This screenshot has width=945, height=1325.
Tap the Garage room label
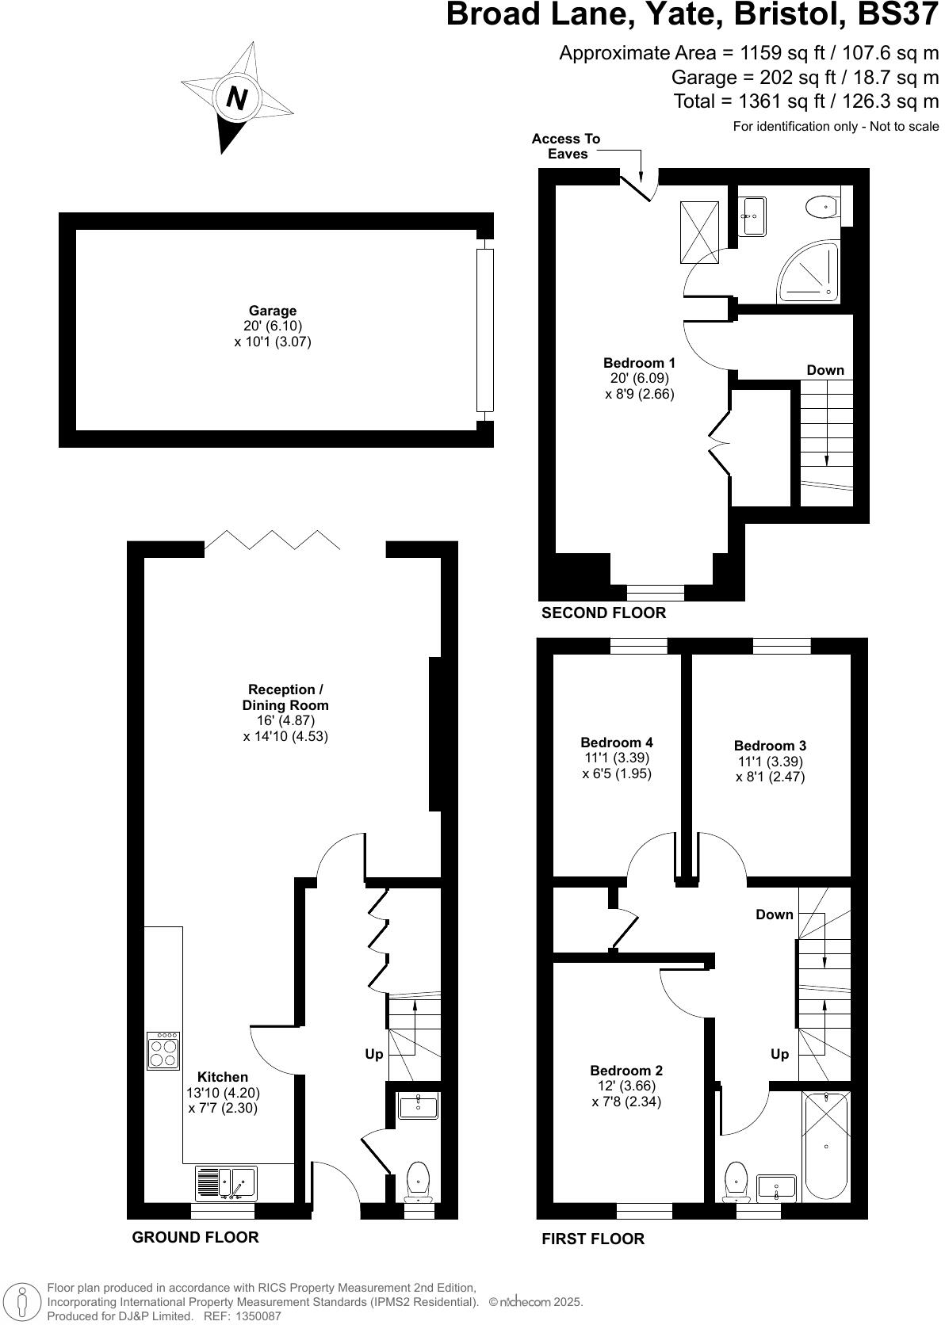pos(273,311)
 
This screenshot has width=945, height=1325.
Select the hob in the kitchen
pos(163,1051)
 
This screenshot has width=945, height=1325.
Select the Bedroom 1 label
pos(639,363)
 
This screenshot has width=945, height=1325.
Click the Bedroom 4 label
pos(617,743)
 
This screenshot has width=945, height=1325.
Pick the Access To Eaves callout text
pos(566,146)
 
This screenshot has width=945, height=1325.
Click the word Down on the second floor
pos(825,370)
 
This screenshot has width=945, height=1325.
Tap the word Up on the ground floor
pos(373,1054)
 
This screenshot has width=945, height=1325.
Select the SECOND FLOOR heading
pos(603,613)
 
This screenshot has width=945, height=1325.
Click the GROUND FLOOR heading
pos(195,1237)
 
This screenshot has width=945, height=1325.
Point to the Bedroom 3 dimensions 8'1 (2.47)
pos(770,777)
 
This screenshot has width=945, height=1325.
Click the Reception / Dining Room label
pos(285,697)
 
